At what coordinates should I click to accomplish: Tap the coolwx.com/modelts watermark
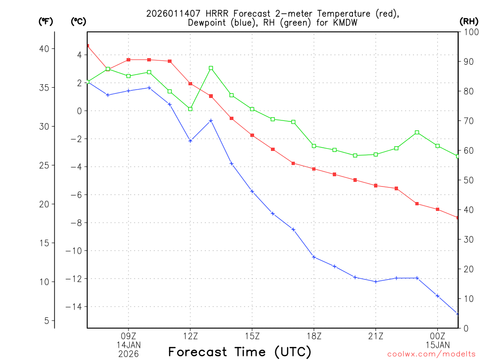(x=431, y=354)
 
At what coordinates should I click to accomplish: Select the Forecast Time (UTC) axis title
(x=240, y=352)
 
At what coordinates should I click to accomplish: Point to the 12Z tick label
(x=190, y=336)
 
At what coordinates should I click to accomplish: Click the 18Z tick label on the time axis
(x=314, y=336)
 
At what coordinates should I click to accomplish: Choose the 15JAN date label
(x=437, y=345)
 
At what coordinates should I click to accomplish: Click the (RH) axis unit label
(x=468, y=22)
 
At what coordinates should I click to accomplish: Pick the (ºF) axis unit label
(x=46, y=22)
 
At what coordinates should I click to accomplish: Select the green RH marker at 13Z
(x=211, y=68)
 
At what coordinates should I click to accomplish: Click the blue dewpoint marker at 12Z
(x=190, y=141)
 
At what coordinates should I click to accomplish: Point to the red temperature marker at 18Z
(x=314, y=169)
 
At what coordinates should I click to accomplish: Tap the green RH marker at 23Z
(x=417, y=133)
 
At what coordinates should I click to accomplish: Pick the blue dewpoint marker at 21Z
(x=376, y=281)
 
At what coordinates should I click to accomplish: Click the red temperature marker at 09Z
(x=128, y=60)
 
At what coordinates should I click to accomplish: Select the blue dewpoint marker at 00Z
(x=437, y=296)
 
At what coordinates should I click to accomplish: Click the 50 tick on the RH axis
(x=467, y=180)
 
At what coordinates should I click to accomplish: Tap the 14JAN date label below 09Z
(x=128, y=345)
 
